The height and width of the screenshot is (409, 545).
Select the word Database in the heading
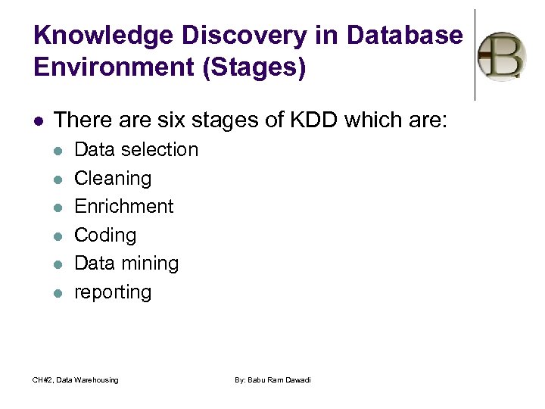404,36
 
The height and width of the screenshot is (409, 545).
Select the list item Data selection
136,150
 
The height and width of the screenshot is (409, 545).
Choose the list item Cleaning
113,179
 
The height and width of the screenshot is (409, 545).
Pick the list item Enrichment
124,207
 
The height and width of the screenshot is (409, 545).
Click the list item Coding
105,236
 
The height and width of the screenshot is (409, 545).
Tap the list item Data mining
126,264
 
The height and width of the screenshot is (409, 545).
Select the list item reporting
113,292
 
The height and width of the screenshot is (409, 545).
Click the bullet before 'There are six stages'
38,120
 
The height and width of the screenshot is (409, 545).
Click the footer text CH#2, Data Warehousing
76,379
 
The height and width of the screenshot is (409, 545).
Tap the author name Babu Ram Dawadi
272,379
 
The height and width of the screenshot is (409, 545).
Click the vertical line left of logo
475,55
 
